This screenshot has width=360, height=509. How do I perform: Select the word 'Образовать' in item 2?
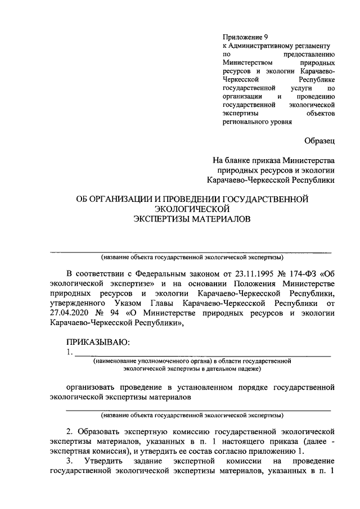click(101, 432)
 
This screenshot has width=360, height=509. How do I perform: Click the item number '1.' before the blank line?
click(69, 353)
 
